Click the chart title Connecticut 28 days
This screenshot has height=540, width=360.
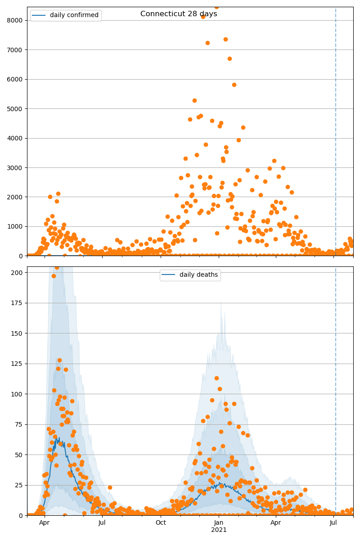tap(179, 14)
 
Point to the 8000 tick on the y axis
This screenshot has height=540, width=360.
tap(17, 20)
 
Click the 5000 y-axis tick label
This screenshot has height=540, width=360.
tap(17, 109)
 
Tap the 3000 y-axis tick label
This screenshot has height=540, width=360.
tap(17, 168)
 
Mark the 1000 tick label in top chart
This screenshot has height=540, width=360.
tap(17, 227)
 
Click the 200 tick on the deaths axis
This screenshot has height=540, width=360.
tap(18, 273)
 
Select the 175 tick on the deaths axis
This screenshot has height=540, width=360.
tap(18, 303)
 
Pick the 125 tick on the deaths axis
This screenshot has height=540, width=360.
tap(18, 364)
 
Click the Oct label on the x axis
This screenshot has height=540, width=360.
tap(161, 522)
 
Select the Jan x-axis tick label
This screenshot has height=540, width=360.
tap(219, 522)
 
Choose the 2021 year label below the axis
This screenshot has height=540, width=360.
tap(219, 530)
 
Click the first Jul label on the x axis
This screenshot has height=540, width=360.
tap(102, 522)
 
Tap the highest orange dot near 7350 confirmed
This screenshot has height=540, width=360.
tap(225, 39)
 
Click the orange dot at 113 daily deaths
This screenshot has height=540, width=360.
tap(216, 378)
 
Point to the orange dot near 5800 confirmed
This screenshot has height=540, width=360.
tap(234, 85)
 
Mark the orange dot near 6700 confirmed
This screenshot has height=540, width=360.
tap(229, 58)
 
